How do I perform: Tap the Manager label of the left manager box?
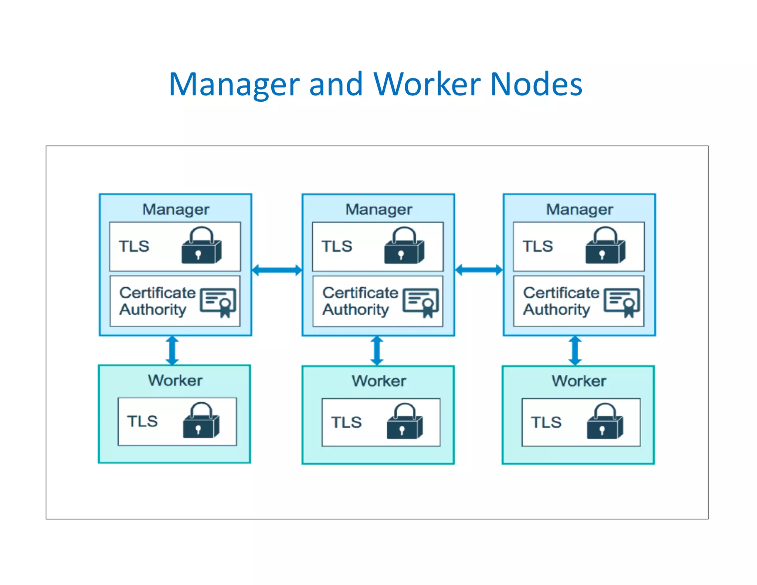[x=176, y=209]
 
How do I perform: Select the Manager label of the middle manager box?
[x=379, y=209]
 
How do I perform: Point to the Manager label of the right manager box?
[x=580, y=209]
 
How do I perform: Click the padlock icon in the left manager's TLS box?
[x=201, y=246]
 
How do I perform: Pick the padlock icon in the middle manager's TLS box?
[x=404, y=246]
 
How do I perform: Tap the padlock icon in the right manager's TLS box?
[x=605, y=246]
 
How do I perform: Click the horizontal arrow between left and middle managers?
[x=277, y=270]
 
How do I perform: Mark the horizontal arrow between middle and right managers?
[x=479, y=270]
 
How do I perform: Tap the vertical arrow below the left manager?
[x=172, y=351]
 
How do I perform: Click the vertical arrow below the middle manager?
[x=377, y=351]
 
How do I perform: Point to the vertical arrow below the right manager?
[x=575, y=351]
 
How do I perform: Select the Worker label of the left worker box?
[x=175, y=381]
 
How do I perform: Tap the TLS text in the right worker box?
[x=546, y=422]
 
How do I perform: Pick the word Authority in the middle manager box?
[x=356, y=310]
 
